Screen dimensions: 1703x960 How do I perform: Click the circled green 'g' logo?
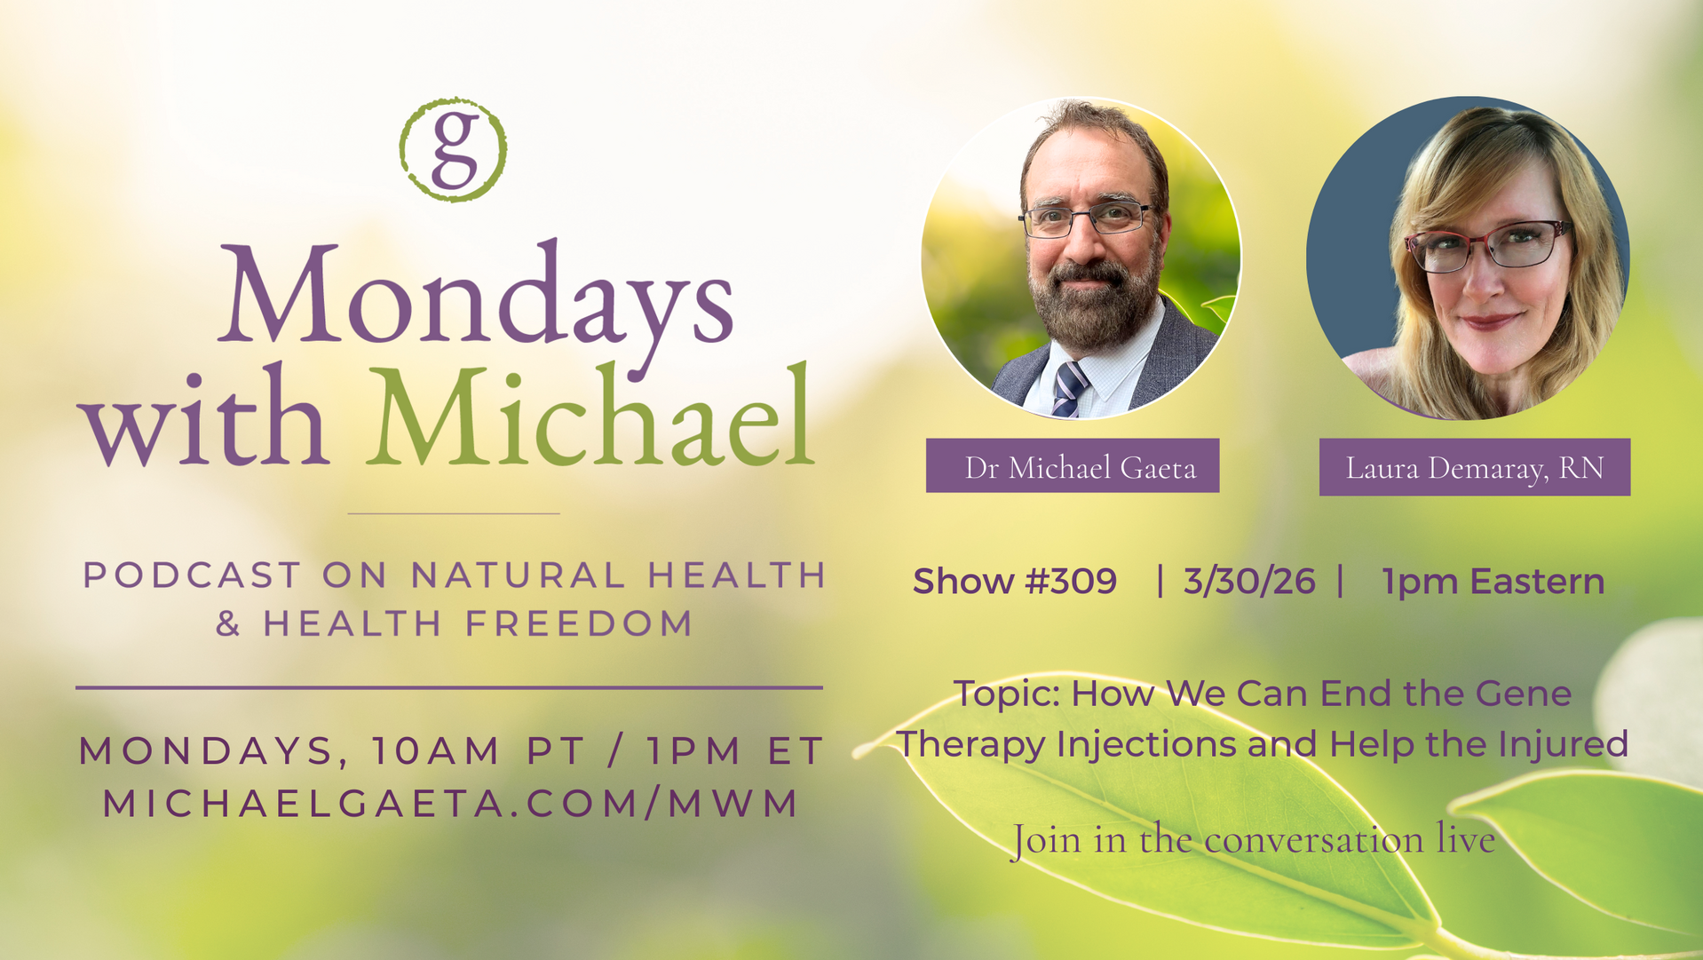click(x=453, y=149)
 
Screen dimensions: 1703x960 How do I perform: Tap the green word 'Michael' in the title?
click(x=590, y=415)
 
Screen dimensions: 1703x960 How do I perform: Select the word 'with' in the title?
click(x=204, y=415)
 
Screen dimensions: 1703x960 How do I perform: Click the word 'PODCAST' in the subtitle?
click(x=192, y=575)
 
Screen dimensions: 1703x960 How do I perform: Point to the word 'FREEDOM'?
click(x=579, y=623)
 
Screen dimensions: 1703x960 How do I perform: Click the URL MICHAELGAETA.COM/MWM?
click(x=451, y=804)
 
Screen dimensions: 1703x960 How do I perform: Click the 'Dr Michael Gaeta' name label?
click(x=1073, y=465)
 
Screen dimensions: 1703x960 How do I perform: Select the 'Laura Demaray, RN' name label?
click(x=1475, y=467)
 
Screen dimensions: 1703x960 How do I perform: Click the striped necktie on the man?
click(x=1069, y=389)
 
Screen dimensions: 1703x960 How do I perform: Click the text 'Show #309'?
click(x=1015, y=582)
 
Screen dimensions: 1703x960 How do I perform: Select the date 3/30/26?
click(x=1249, y=582)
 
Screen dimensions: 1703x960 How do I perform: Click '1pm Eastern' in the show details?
click(x=1493, y=582)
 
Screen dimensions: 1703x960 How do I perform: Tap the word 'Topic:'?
click(x=1007, y=694)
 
